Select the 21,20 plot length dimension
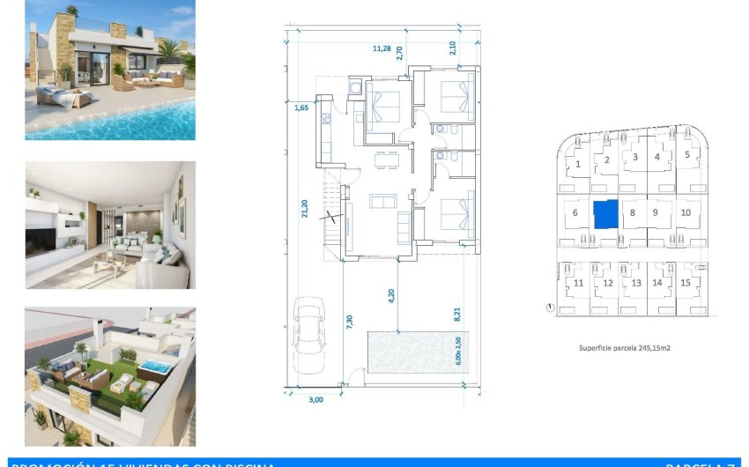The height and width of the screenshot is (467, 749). [x=305, y=208]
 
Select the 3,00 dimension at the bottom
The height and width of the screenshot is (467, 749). [x=316, y=399]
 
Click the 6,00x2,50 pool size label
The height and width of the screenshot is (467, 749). [x=457, y=354]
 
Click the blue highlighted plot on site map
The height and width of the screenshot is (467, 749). [x=605, y=214]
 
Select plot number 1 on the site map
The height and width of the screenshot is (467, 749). [x=578, y=163]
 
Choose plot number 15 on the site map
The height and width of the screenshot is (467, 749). [x=685, y=283]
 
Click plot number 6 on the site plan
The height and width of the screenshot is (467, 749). [x=575, y=212]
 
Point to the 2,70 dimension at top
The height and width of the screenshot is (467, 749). [x=399, y=53]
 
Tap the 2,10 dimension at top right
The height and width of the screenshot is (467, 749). [x=452, y=48]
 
